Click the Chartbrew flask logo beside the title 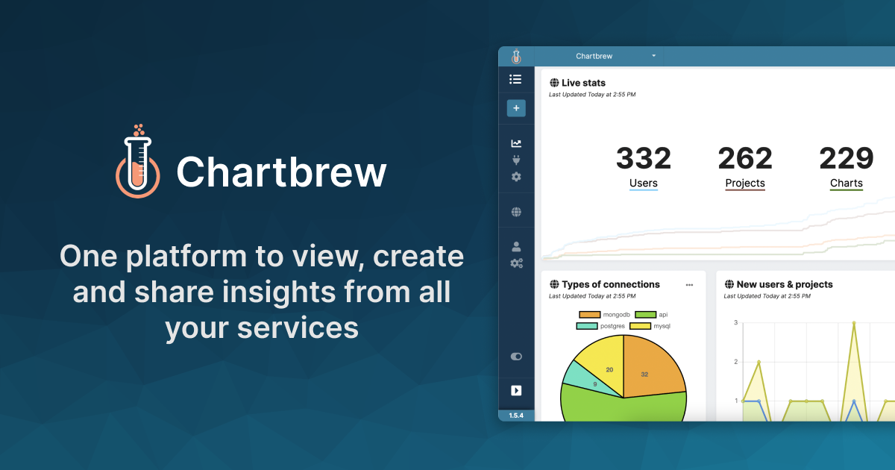pos(138,162)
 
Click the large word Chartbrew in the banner pos(281,172)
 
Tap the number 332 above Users pos(643,158)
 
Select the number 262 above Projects pos(744,158)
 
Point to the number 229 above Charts pos(846,158)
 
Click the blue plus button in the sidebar pos(516,108)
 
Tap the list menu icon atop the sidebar pos(515,79)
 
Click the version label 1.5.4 pos(516,416)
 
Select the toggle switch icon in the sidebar pos(516,357)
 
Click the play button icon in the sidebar pos(516,390)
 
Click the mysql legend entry pos(650,326)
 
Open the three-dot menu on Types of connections pos(689,284)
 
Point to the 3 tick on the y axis pos(735,323)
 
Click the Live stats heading pos(582,83)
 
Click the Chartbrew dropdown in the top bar pos(615,56)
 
